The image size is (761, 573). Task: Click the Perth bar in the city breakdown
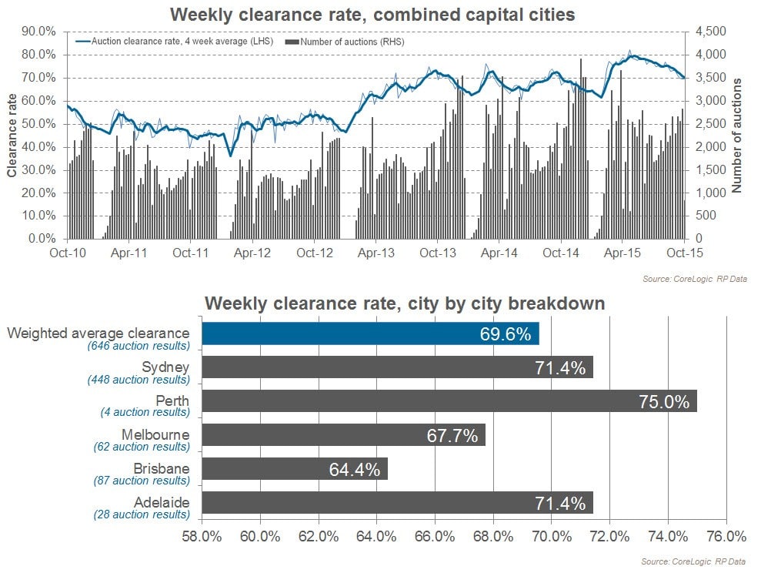click(449, 401)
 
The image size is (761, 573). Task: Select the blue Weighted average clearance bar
click(370, 333)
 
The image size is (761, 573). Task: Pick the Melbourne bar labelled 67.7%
click(343, 435)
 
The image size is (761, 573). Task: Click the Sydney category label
click(165, 367)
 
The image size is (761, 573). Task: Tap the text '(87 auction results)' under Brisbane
click(142, 481)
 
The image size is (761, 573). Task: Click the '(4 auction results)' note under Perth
click(145, 413)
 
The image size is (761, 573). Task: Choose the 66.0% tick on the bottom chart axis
click(435, 535)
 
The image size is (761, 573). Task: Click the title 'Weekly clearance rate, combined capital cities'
click(372, 14)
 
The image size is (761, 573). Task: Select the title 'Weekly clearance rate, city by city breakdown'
click(405, 304)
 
